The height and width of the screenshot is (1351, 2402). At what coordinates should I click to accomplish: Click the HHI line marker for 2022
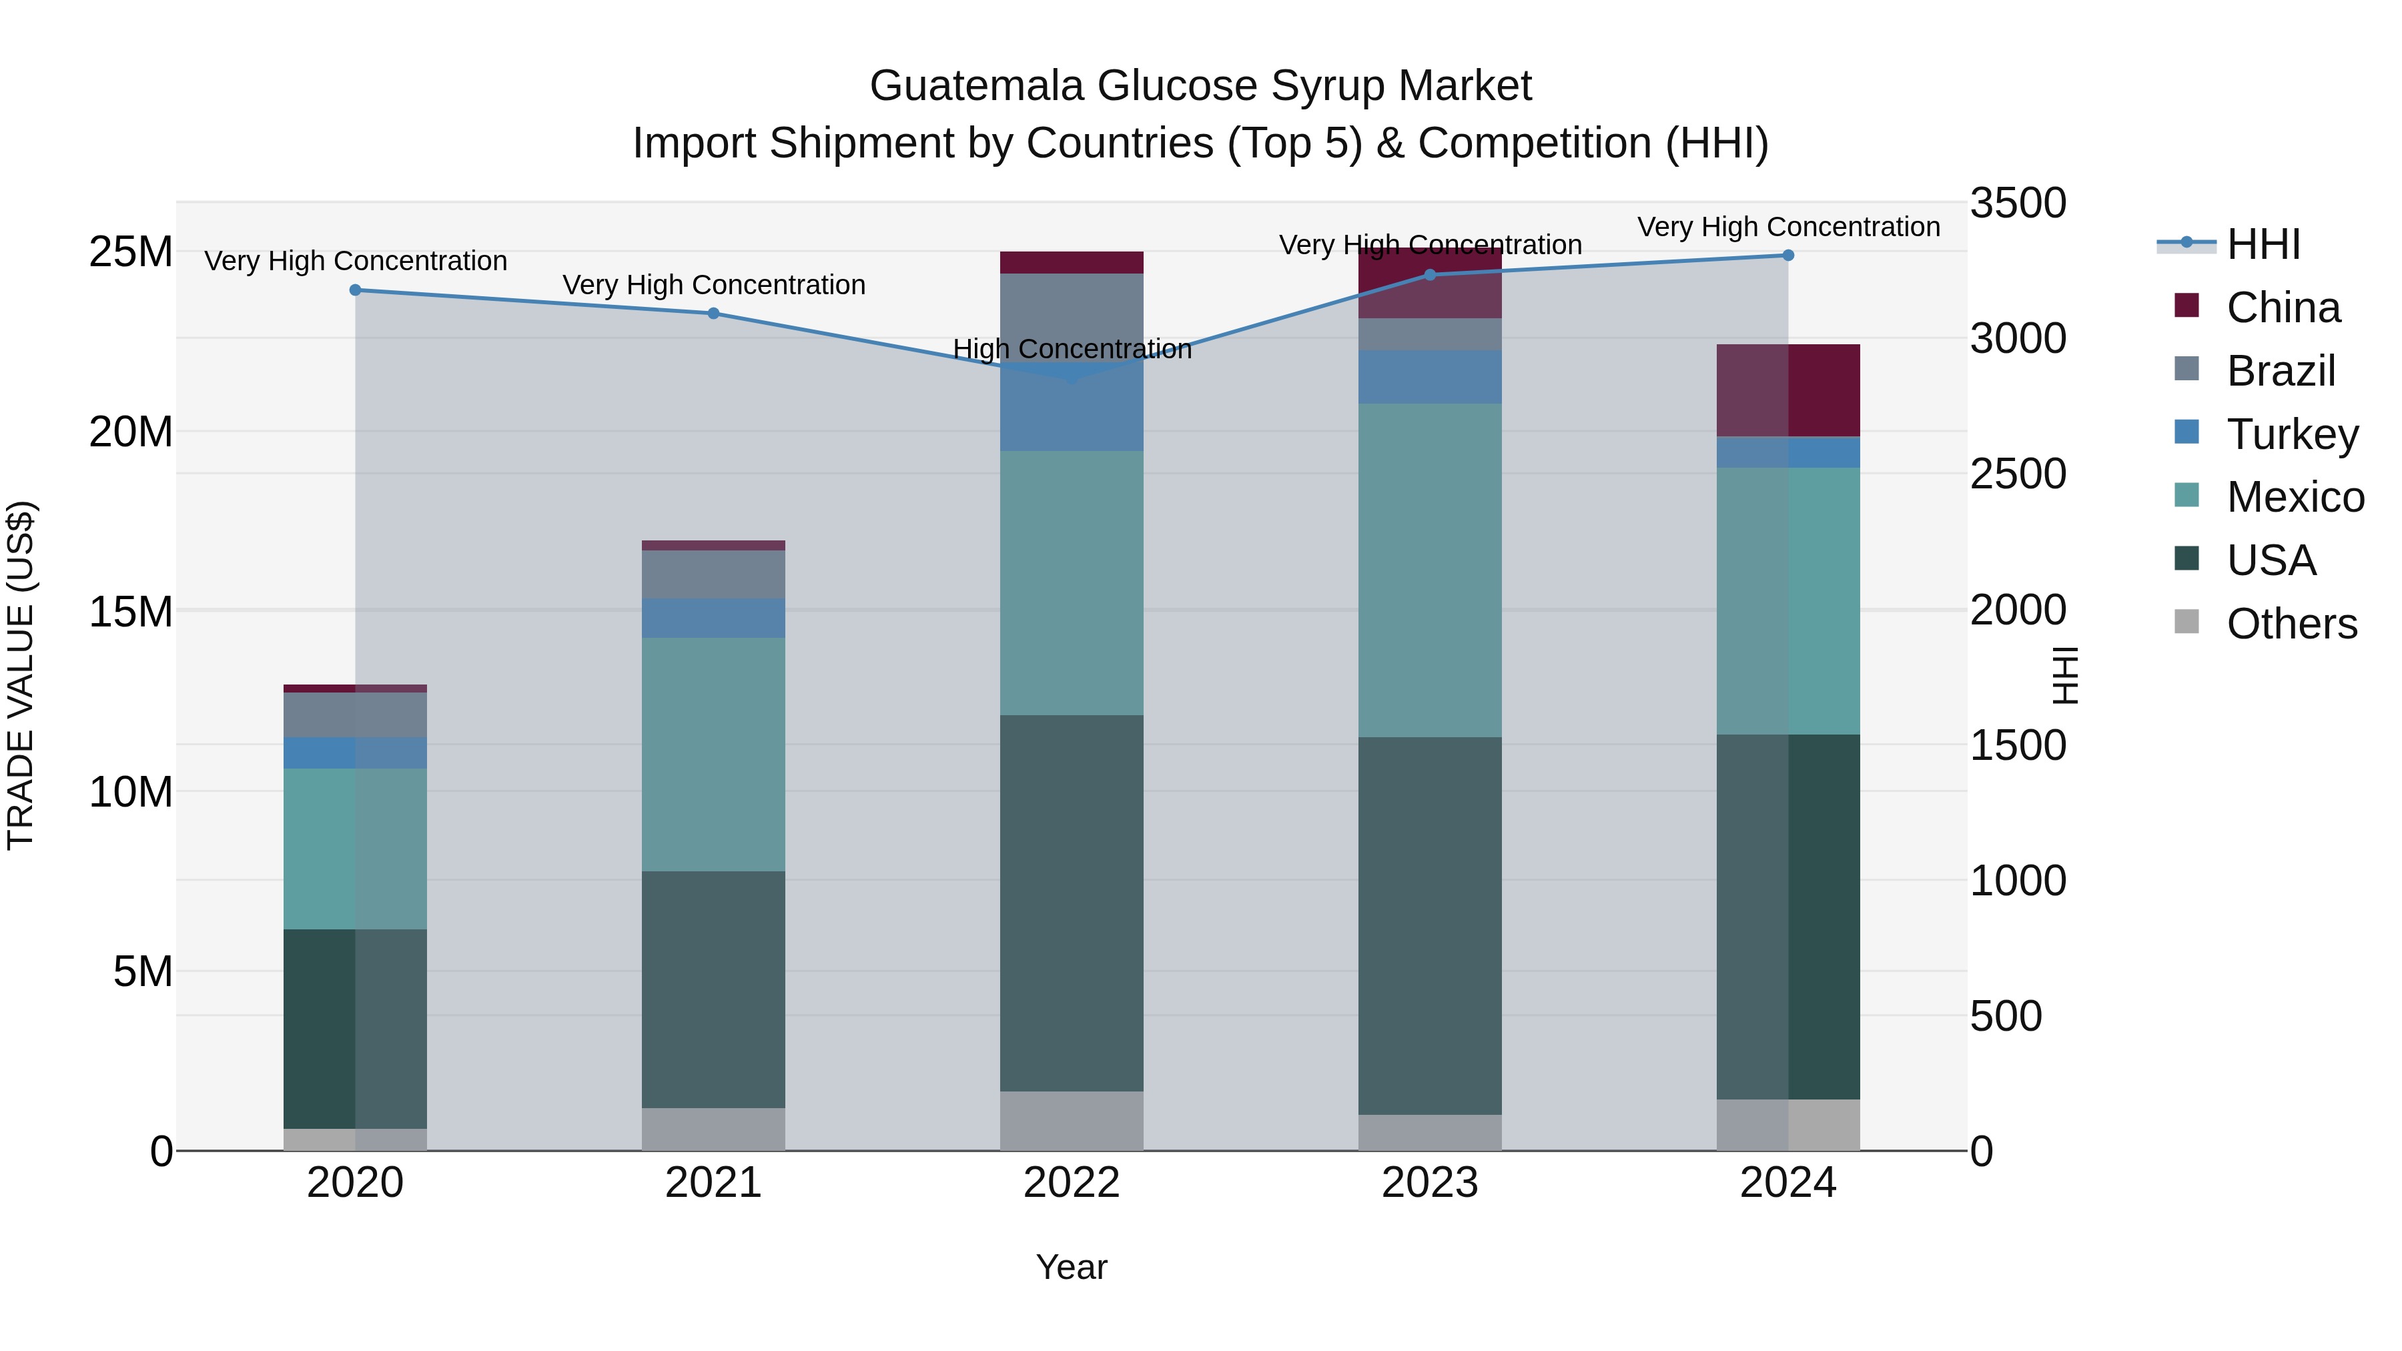pos(1072,377)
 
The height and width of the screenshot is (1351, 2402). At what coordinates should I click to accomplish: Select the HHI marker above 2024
pos(1787,255)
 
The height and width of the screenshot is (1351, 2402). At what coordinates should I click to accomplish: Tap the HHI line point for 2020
pos(355,290)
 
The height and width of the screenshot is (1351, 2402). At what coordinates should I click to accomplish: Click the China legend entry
pos(2282,308)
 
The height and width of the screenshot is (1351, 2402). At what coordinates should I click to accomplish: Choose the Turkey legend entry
pos(2291,434)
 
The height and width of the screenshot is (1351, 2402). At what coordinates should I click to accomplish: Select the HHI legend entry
pos(2263,244)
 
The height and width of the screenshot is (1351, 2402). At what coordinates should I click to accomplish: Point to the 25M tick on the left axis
pos(131,252)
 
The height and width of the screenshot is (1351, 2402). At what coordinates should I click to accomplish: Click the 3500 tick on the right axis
pos(2018,203)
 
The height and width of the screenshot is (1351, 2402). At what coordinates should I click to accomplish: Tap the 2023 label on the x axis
pos(1429,1183)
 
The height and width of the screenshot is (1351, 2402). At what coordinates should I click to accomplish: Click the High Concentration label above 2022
pos(1072,349)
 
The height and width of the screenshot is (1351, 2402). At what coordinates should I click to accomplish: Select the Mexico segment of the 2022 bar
pos(1072,582)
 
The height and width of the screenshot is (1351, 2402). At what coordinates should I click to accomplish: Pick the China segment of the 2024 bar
pos(1787,390)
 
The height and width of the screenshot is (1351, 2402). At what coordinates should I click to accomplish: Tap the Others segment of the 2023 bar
pos(1429,1132)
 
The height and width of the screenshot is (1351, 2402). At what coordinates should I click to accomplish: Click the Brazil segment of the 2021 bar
pos(713,574)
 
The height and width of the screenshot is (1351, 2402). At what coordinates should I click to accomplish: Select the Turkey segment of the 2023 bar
pos(1429,377)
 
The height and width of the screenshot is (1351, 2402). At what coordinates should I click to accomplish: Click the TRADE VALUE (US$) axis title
pos(21,675)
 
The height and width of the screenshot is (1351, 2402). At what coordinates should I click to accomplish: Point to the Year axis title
pos(1072,1267)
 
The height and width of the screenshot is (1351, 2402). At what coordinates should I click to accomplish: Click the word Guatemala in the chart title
pos(976,86)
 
